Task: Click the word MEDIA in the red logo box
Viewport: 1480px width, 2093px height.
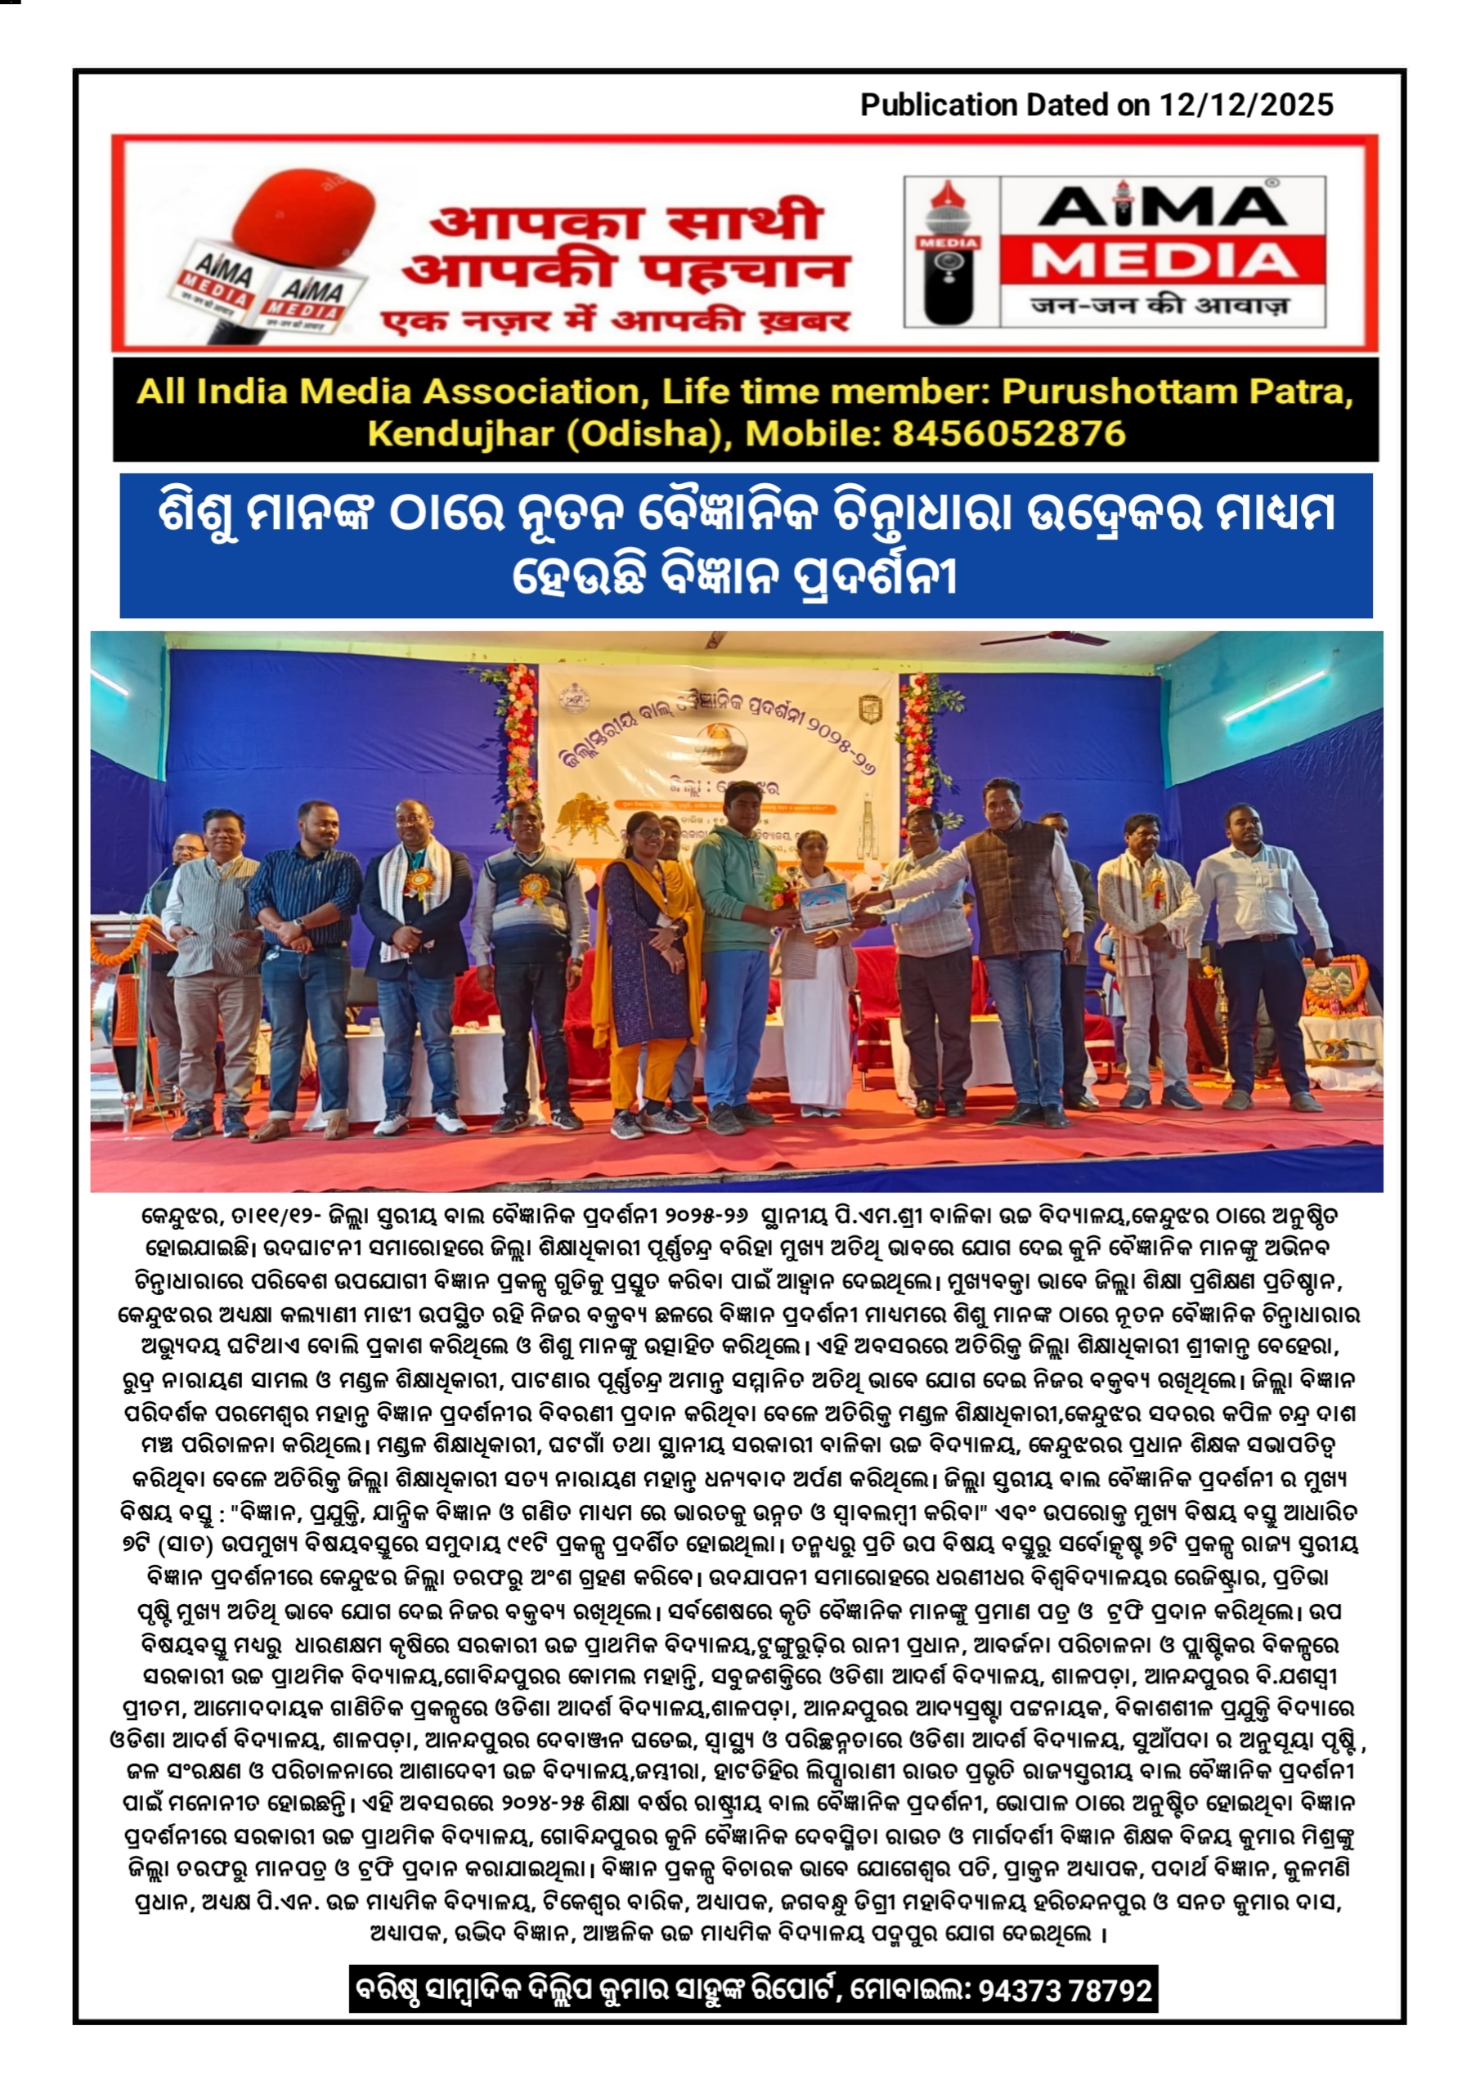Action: point(1164,262)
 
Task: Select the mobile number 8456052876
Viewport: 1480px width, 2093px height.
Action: point(1008,434)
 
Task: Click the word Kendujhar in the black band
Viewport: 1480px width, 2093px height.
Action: point(459,434)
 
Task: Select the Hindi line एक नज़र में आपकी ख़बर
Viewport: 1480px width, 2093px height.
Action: point(616,320)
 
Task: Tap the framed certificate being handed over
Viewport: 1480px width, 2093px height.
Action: point(823,905)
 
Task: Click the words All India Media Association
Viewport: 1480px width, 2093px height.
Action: point(388,392)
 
